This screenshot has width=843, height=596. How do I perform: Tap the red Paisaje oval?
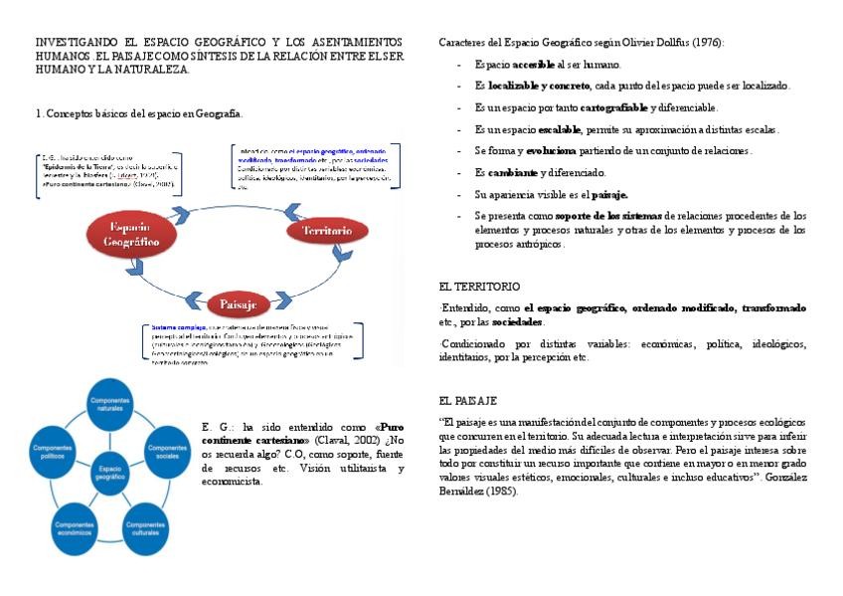pos(238,303)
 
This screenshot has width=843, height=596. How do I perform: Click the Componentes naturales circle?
pos(108,405)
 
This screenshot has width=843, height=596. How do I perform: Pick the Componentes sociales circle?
pos(167,450)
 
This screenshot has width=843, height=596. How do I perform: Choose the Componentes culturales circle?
pos(145,526)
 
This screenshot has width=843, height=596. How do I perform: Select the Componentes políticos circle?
pos(52,451)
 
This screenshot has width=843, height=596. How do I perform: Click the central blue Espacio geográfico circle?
pos(109,472)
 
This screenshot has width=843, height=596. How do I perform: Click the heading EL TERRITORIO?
pos(479,286)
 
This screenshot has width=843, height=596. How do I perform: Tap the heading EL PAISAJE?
pos(467,400)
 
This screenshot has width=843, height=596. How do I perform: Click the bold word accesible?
pos(537,64)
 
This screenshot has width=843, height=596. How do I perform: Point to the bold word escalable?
pos(559,129)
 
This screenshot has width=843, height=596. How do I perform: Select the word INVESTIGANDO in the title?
pos(73,43)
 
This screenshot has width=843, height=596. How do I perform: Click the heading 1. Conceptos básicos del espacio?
pos(138,114)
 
